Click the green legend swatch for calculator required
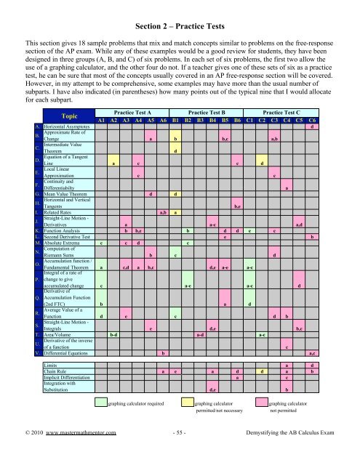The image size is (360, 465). [101, 424]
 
